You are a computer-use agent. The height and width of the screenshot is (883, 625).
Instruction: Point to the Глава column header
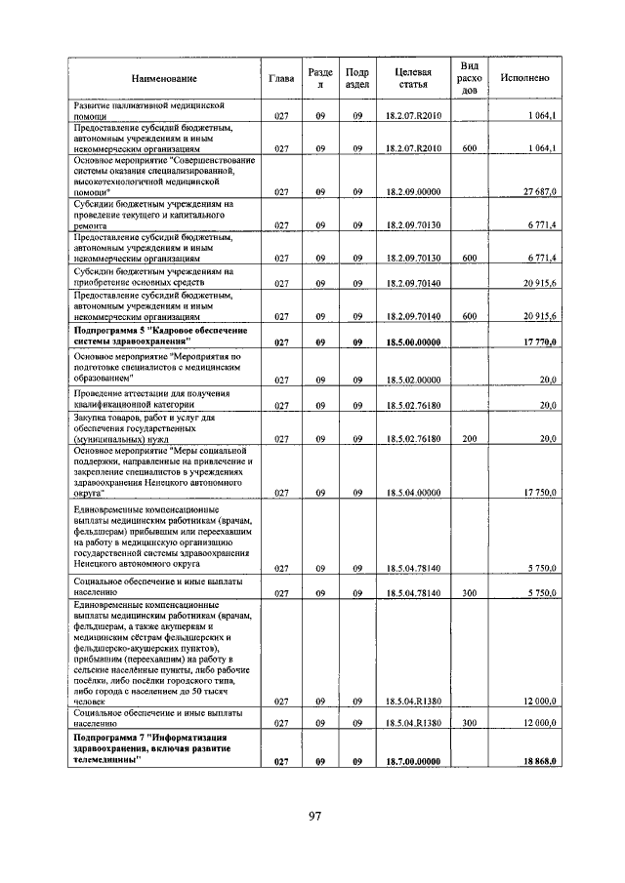[280, 78]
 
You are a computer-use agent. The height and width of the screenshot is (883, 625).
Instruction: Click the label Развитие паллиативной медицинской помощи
[150, 109]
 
